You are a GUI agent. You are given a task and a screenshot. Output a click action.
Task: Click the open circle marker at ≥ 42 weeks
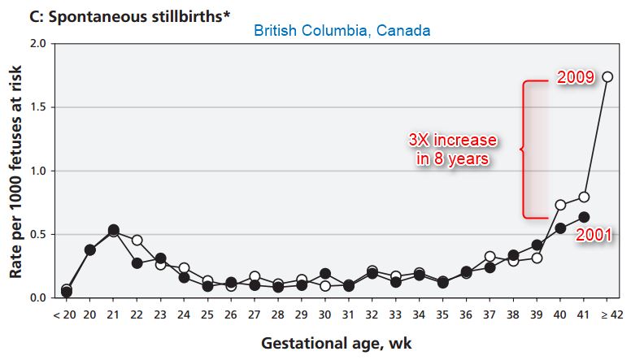click(x=607, y=76)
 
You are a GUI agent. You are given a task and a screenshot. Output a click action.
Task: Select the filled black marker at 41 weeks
click(x=584, y=217)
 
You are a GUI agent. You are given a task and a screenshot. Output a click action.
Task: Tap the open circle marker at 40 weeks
click(x=560, y=205)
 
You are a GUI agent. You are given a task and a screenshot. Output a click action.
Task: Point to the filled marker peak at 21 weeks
click(x=113, y=230)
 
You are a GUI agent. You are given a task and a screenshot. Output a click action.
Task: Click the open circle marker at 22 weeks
click(x=137, y=240)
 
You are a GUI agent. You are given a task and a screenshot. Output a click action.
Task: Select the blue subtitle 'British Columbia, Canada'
click(x=342, y=31)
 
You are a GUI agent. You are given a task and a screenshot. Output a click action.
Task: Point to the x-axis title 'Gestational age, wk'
click(x=336, y=342)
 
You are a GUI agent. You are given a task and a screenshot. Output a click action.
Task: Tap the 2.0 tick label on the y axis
click(x=37, y=43)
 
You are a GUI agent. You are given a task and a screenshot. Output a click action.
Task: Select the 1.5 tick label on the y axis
click(x=37, y=106)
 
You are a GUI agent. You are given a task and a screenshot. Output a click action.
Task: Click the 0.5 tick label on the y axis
click(x=37, y=234)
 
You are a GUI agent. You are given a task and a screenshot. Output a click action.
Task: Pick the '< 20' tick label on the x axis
click(x=64, y=313)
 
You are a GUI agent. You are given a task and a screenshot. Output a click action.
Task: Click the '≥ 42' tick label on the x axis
click(x=608, y=313)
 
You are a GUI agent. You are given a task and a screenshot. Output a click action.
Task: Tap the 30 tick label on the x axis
click(x=325, y=313)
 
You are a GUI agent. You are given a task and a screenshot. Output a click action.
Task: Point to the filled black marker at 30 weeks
click(x=325, y=274)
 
